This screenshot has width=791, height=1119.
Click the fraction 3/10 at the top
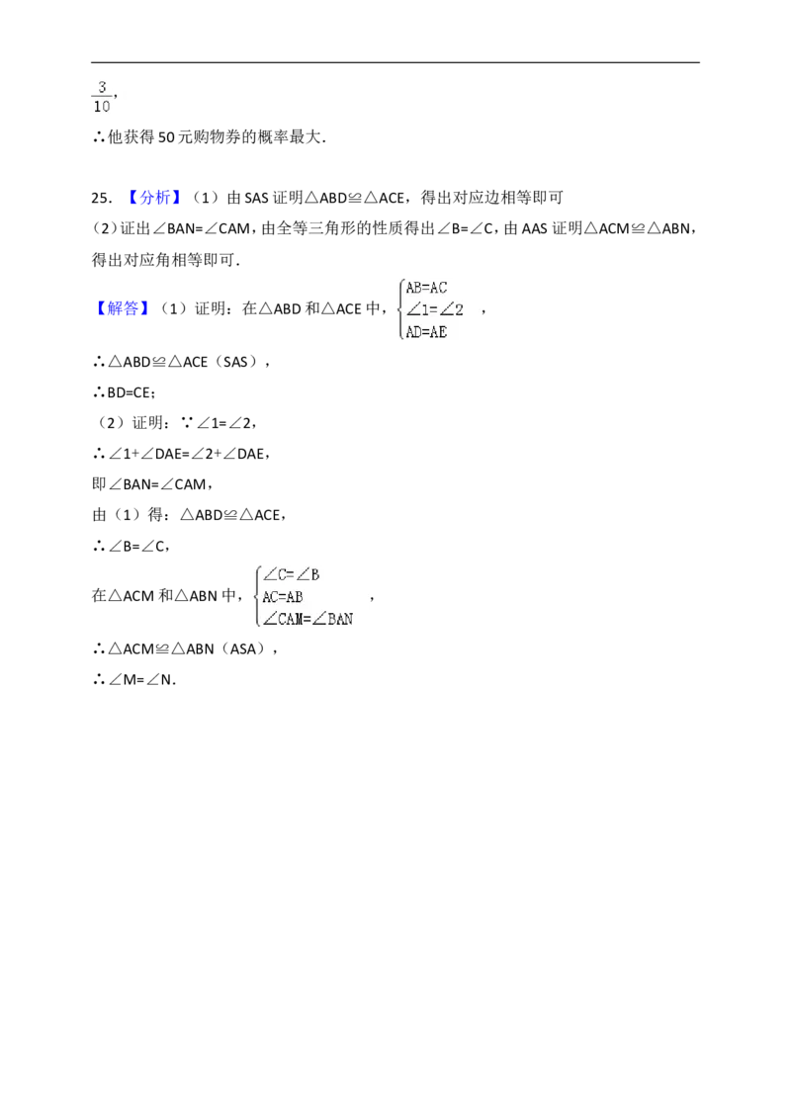102,96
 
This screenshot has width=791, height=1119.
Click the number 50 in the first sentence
166,137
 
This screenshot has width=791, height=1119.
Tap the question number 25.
101,198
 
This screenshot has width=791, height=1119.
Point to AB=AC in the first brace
426,288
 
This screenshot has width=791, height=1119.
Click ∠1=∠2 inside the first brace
434,309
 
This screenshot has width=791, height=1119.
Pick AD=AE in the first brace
426,332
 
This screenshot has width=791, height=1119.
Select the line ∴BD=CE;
125,392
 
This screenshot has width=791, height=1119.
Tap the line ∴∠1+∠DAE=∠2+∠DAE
181,454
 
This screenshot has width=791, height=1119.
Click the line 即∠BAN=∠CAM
152,484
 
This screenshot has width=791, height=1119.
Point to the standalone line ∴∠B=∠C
131,546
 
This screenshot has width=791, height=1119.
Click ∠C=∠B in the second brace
292,574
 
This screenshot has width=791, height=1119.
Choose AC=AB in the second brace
283,597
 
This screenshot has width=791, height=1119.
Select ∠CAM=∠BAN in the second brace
308,619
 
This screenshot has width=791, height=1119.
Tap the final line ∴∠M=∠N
134,679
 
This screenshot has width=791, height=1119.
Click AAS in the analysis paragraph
535,228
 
